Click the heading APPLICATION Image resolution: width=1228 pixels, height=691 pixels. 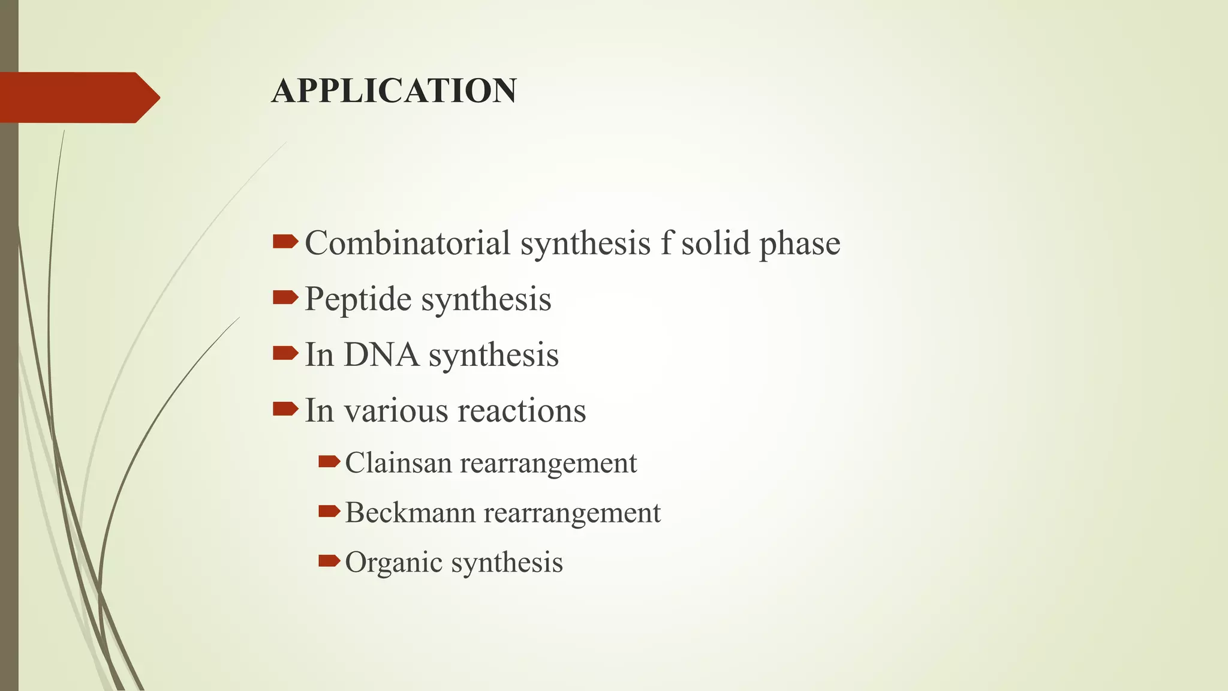[x=393, y=91]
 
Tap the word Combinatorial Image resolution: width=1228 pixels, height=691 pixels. [x=408, y=243]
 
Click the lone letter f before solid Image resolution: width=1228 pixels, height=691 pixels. [x=666, y=243]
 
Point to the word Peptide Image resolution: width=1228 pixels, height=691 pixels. [x=358, y=299]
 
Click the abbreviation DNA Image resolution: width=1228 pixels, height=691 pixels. [x=381, y=354]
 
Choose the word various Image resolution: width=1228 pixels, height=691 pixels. [x=396, y=411]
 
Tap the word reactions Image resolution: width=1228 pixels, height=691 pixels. [x=522, y=411]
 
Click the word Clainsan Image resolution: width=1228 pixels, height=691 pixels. [x=398, y=463]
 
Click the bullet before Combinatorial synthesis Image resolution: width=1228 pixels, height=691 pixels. [x=285, y=242]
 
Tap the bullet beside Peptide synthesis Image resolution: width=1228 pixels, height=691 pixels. [x=285, y=298]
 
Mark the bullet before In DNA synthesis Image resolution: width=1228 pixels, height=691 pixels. [x=285, y=353]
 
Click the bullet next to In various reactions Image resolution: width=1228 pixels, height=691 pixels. [x=285, y=409]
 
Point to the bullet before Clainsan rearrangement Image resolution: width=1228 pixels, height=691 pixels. [x=329, y=461]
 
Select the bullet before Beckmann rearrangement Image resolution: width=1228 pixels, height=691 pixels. [x=329, y=511]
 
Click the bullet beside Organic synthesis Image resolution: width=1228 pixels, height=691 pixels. [x=329, y=561]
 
